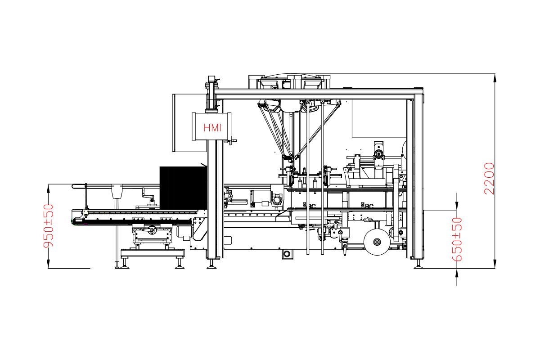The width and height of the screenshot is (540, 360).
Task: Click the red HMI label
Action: pyautogui.click(x=212, y=127)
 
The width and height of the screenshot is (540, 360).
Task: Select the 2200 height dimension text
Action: pyautogui.click(x=489, y=179)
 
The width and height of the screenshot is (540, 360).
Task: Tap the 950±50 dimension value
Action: pyautogui.click(x=48, y=226)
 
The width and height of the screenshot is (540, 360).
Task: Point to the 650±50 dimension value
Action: pyautogui.click(x=457, y=239)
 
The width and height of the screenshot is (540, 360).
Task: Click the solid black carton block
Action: pyautogui.click(x=183, y=188)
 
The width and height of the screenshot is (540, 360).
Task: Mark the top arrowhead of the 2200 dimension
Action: pyautogui.click(x=495, y=78)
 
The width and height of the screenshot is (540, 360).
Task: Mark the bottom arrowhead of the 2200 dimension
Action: pyautogui.click(x=495, y=264)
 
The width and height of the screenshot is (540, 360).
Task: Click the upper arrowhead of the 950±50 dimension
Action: pyautogui.click(x=48, y=189)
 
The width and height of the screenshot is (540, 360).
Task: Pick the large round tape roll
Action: pyautogui.click(x=377, y=242)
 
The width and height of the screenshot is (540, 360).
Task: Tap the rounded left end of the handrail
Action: pyautogui.click(x=73, y=186)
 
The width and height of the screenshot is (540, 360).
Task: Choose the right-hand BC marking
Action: pyautogui.click(x=367, y=206)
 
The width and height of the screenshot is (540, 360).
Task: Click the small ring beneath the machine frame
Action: pyautogui.click(x=287, y=254)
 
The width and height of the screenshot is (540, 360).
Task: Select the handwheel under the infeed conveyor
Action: pyautogui.click(x=152, y=229)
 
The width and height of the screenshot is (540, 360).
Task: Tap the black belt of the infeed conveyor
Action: pyautogui.click(x=133, y=222)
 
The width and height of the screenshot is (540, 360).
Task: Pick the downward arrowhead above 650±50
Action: pyautogui.click(x=457, y=205)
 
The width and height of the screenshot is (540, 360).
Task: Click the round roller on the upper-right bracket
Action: pyautogui.click(x=379, y=154)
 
